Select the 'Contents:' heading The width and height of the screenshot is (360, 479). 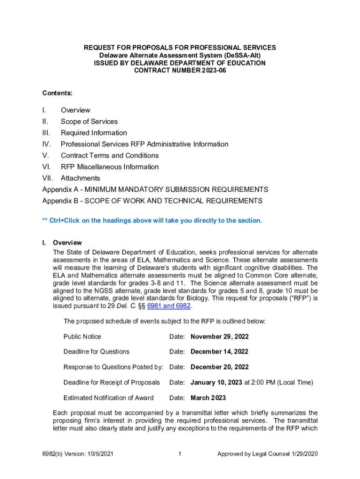click(57, 93)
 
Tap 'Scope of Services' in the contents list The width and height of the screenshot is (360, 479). click(89, 122)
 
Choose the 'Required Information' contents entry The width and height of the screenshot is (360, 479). click(94, 133)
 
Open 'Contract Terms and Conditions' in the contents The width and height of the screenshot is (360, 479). click(109, 155)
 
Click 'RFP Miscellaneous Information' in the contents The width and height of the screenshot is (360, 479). click(109, 167)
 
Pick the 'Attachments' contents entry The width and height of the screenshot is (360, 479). click(80, 178)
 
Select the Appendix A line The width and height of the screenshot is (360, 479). click(155, 189)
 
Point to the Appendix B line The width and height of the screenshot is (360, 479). click(152, 201)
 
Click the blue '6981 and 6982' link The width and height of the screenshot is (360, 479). click(169, 306)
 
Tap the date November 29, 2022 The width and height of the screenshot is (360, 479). click(220, 336)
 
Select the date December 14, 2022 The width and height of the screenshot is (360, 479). click(219, 352)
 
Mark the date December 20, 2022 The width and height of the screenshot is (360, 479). click(219, 367)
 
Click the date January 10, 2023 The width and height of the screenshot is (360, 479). click(216, 383)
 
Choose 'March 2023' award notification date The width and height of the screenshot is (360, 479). click(208, 398)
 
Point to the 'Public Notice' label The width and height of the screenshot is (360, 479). click(82, 336)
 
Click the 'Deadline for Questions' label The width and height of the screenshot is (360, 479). click(96, 352)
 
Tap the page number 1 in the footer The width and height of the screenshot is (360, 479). click(180, 454)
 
